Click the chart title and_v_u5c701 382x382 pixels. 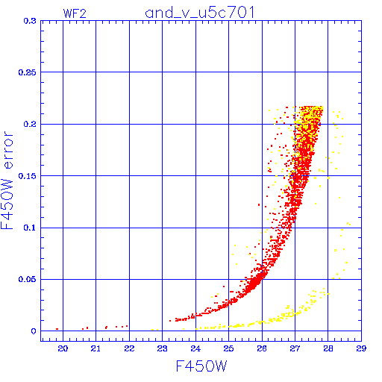point(200,13)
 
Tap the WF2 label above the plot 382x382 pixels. point(75,13)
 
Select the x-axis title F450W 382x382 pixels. point(201,366)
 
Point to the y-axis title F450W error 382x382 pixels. point(7,180)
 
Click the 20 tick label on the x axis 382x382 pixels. point(63,348)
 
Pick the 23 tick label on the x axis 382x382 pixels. point(162,348)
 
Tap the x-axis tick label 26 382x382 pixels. point(262,348)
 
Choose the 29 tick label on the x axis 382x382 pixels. point(361,348)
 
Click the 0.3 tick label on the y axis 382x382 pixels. point(30,21)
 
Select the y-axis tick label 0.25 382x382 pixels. point(28,72)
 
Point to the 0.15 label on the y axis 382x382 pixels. point(28,176)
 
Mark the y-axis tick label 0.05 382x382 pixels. point(28,280)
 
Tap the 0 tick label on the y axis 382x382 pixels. point(34,331)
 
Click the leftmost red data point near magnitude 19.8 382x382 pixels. point(57,329)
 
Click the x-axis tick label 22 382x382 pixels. point(129,348)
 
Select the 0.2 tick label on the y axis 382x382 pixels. point(30,124)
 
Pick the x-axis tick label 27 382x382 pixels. point(295,348)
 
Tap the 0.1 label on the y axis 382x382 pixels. point(30,228)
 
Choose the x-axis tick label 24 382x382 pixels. point(195,348)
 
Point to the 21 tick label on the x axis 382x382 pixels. point(95,348)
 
